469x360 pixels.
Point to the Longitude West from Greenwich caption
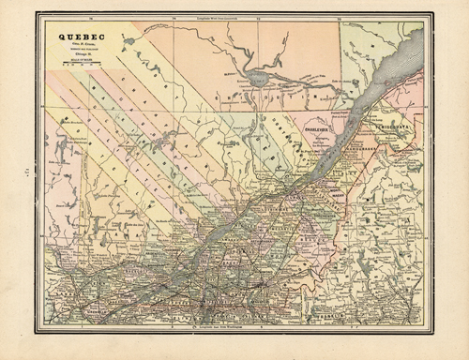(234, 17)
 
